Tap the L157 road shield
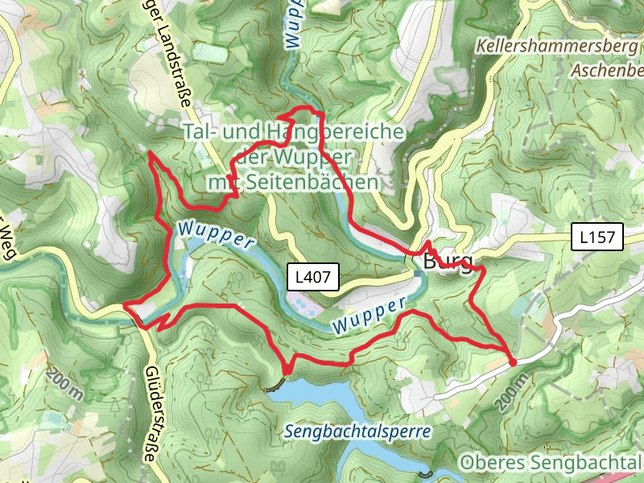pos(597,237)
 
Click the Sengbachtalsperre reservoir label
pos(357,431)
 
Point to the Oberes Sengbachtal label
pos(551,463)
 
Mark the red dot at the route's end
pos(513,363)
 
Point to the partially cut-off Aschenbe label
pos(607,71)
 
